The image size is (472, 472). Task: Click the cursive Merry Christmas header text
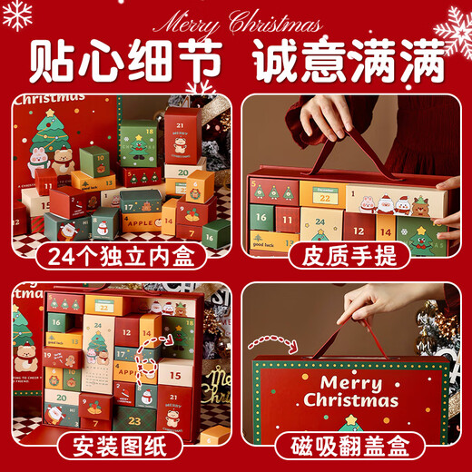[x=238, y=21]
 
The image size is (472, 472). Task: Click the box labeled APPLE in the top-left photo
[x=142, y=221]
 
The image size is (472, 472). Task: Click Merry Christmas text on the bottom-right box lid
[x=350, y=390]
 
